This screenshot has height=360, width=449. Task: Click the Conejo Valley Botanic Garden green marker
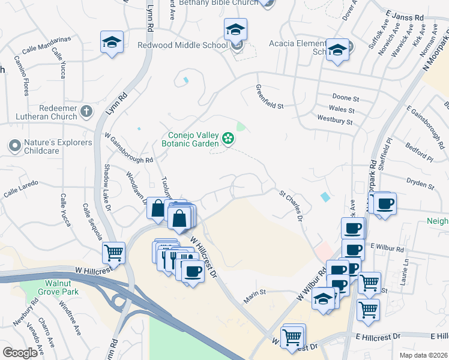228,139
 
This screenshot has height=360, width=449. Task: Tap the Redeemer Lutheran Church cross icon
86,111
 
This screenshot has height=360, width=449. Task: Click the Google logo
20,353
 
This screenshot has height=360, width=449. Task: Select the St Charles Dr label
290,205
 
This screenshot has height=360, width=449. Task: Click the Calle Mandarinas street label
46,44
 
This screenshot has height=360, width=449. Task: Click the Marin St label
255,296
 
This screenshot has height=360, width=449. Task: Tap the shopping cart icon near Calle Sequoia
113,253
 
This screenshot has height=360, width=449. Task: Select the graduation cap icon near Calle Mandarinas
112,42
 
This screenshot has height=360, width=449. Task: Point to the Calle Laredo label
21,188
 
